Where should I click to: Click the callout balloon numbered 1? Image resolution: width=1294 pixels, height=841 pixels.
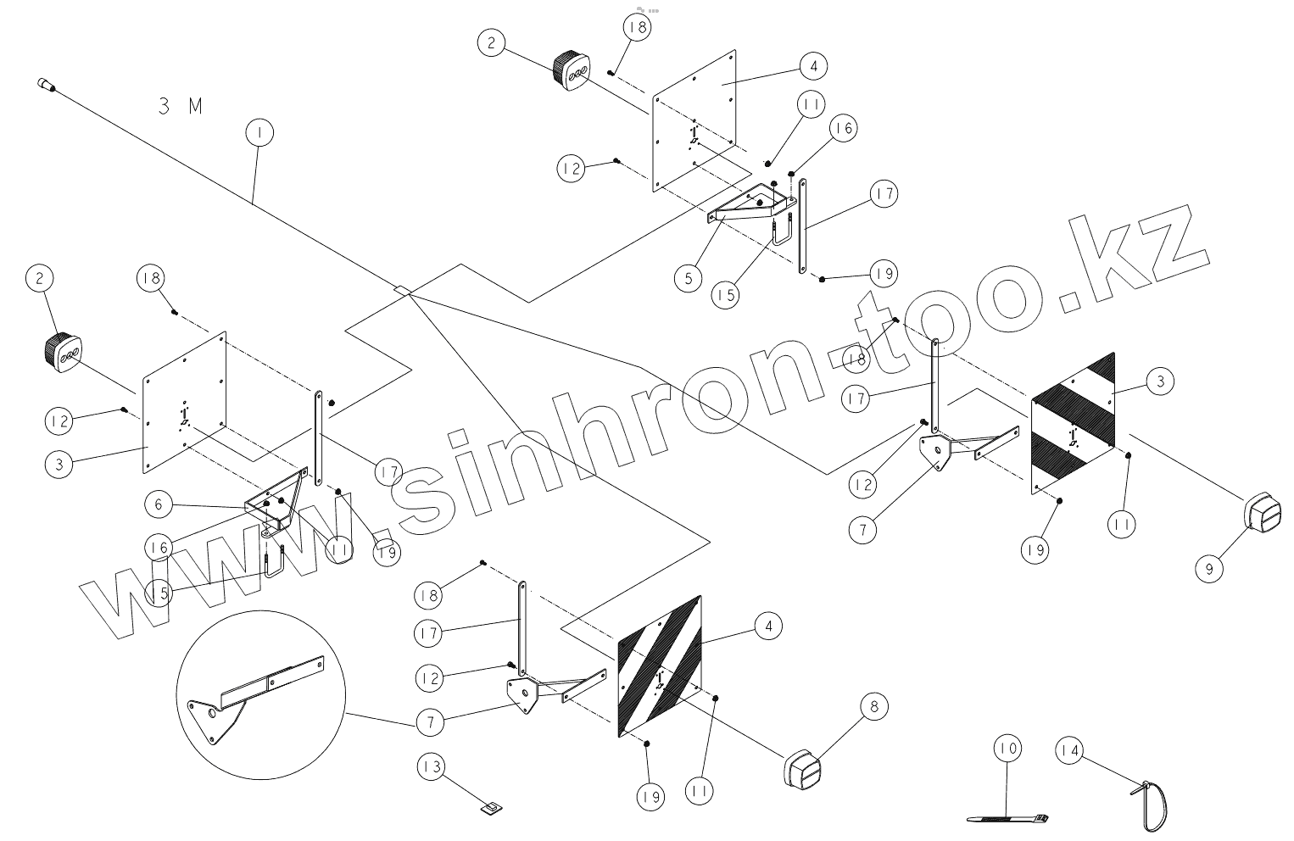click(x=259, y=133)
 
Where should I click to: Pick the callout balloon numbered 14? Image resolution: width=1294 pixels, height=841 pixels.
click(x=1070, y=750)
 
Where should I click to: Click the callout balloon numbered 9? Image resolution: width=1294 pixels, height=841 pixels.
click(x=1209, y=568)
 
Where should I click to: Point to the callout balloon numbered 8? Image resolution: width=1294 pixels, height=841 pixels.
click(x=875, y=705)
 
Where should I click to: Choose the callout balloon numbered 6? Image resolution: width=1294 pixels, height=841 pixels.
click(x=158, y=504)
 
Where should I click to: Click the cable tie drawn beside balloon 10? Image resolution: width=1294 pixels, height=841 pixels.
click(x=1007, y=819)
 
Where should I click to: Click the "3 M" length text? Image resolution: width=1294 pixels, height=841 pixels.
click(x=181, y=106)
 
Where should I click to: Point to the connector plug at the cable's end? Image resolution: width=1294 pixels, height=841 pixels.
click(x=46, y=84)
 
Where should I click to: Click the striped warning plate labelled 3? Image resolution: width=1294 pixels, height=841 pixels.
click(x=1074, y=421)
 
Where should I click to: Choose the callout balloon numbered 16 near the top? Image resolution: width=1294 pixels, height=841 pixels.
click(x=843, y=128)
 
